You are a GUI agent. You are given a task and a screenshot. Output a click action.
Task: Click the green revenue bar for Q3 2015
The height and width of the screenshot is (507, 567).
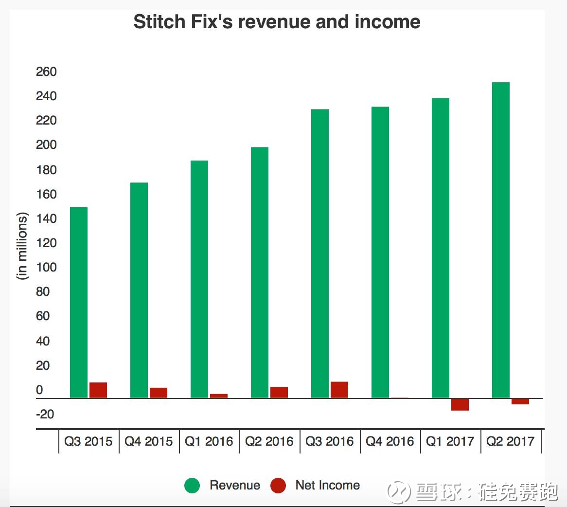(x=78, y=303)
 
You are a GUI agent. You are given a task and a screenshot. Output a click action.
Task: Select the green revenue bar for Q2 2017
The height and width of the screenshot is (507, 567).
(x=501, y=240)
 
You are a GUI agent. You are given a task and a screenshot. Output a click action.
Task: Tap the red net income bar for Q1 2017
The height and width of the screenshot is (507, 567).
(x=460, y=405)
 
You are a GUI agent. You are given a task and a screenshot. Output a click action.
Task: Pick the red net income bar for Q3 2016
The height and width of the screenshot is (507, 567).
(x=339, y=390)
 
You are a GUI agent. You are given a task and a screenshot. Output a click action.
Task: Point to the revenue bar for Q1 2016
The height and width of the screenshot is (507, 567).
(x=199, y=279)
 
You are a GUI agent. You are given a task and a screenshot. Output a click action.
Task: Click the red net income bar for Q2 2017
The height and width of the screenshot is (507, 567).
(x=520, y=402)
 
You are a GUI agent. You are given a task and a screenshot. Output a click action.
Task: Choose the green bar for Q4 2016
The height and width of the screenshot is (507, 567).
(x=380, y=253)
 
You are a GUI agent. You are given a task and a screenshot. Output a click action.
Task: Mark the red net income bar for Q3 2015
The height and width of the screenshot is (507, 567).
(x=98, y=391)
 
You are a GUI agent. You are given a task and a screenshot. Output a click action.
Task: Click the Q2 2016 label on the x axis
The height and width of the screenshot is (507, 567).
(x=269, y=441)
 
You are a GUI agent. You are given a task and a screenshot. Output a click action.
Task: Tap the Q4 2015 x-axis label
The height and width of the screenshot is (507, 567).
(x=148, y=441)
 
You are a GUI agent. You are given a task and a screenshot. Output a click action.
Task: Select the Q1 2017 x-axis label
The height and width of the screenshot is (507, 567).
(x=450, y=441)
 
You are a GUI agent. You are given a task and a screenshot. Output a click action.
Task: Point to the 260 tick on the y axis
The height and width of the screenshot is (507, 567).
(x=46, y=72)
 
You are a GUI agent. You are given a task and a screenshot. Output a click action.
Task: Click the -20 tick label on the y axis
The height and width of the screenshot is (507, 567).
(x=45, y=414)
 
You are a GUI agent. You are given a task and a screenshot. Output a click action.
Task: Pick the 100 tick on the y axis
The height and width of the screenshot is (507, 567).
(x=46, y=268)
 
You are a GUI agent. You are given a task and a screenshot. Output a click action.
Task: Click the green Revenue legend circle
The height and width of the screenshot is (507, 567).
(x=192, y=485)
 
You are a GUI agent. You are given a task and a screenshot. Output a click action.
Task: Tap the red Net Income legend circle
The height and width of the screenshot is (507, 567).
(x=278, y=485)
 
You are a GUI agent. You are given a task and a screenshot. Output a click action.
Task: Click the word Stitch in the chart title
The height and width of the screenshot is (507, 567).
(x=159, y=22)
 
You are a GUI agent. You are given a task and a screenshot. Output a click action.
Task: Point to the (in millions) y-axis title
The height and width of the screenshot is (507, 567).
(x=22, y=246)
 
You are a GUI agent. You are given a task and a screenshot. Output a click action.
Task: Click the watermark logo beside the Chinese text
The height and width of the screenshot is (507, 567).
(x=399, y=492)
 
